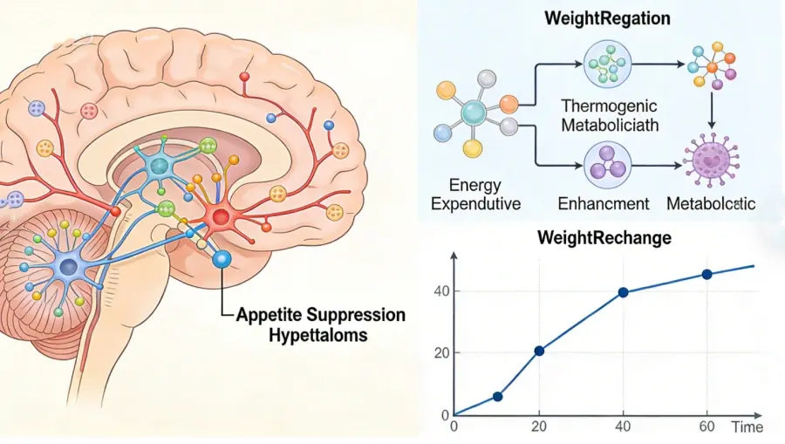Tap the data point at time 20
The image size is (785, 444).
click(540, 351)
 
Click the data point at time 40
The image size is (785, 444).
click(623, 292)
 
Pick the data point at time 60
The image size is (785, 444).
click(706, 274)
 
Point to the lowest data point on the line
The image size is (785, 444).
click(498, 396)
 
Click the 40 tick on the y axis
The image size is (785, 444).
click(442, 291)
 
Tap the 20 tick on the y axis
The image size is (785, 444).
click(442, 353)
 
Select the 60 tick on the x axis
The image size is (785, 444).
click(706, 427)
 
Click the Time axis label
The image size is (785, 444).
click(747, 427)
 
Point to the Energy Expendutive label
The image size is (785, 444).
click(478, 195)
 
